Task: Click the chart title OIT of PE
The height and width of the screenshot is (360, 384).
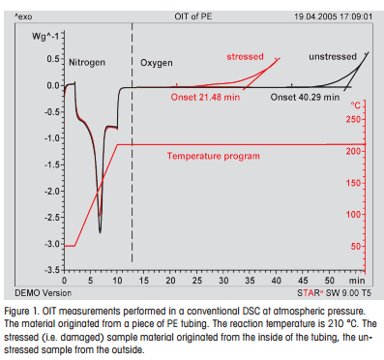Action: [x=193, y=16]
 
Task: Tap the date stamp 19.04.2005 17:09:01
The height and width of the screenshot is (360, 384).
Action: [x=333, y=16]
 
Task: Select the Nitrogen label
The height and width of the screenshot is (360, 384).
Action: [x=87, y=63]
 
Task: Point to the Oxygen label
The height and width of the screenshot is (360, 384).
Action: [x=157, y=63]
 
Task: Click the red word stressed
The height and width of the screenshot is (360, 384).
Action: [x=245, y=57]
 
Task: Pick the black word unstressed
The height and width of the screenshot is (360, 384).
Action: [x=333, y=57]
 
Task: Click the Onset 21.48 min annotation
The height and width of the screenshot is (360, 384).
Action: [x=205, y=97]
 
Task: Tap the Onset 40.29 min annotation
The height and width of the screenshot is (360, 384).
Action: [x=305, y=97]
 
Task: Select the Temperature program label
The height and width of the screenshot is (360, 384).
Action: [x=214, y=156]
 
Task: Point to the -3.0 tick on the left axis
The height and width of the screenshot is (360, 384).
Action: [x=52, y=244]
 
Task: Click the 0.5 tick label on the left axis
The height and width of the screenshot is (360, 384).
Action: [x=53, y=59]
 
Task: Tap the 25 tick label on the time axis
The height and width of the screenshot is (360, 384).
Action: [x=197, y=281]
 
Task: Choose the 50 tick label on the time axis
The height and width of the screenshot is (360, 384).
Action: [x=330, y=281]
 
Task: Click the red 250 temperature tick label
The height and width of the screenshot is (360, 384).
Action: [x=353, y=119]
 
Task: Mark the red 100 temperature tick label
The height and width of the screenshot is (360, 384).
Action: [x=353, y=215]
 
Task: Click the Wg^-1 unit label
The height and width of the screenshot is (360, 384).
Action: [x=45, y=36]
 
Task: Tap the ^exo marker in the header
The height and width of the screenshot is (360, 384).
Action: [x=23, y=16]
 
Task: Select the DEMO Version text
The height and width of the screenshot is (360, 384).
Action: [x=44, y=293]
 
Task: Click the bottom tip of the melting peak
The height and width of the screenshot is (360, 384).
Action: [x=100, y=232]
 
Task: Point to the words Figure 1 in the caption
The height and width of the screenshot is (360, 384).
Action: [x=21, y=312]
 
